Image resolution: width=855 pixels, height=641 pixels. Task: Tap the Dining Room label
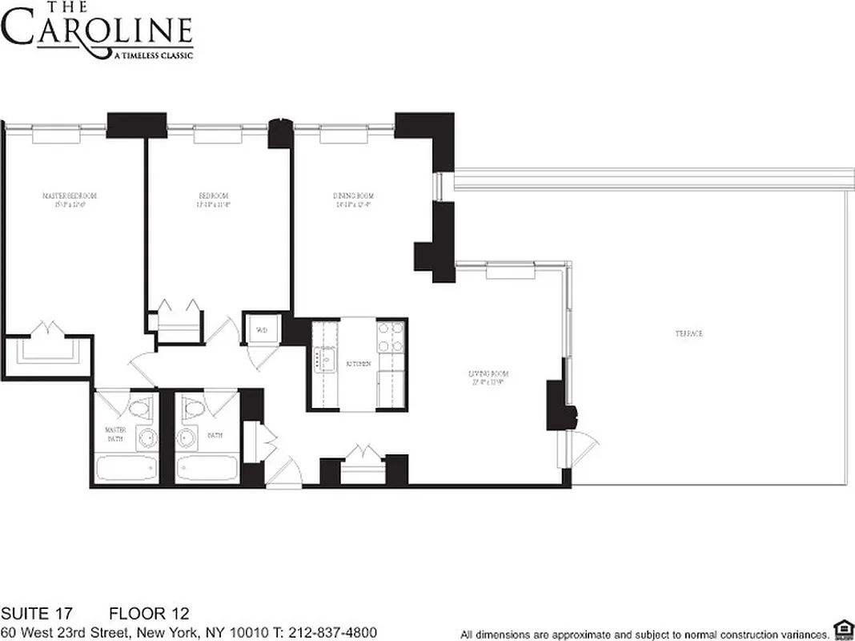[353, 196]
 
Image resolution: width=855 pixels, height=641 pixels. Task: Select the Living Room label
[488, 374]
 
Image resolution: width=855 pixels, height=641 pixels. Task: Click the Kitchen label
[358, 364]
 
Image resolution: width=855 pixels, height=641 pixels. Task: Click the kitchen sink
[325, 360]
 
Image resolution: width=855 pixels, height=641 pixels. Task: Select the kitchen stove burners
[392, 337]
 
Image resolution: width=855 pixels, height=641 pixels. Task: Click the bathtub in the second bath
[206, 468]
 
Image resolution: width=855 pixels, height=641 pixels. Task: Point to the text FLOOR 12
[149, 615]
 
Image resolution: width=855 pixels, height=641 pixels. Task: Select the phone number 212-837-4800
[331, 632]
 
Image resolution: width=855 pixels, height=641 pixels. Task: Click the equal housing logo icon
[841, 631]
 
